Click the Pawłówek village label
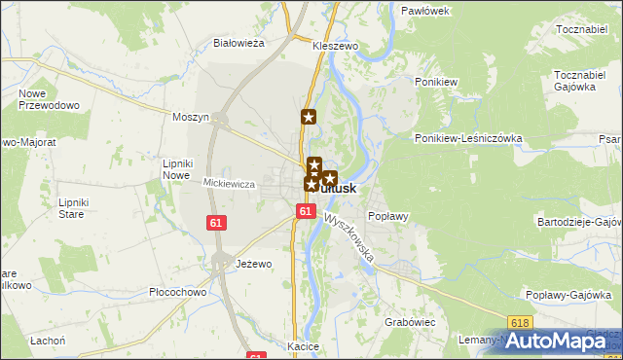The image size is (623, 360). point(424,11)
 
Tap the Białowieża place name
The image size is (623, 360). point(239,43)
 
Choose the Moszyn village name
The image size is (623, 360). point(191,117)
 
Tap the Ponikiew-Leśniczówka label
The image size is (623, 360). point(469,138)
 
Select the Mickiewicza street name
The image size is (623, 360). point(229,183)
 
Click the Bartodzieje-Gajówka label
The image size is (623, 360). point(579,222)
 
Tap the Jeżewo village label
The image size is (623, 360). point(253,264)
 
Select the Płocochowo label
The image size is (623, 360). point(177,292)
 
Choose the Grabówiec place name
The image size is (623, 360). point(409,321)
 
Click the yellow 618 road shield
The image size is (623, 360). point(521,323)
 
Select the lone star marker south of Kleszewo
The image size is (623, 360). point(309,118)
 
